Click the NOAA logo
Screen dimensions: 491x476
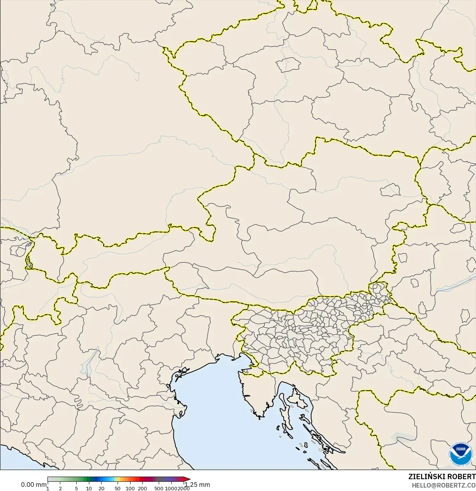click(460, 454)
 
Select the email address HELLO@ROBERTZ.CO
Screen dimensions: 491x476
click(443, 485)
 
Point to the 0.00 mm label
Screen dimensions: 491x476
click(34, 485)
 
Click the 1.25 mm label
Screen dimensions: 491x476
click(198, 485)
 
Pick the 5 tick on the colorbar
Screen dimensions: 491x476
click(76, 488)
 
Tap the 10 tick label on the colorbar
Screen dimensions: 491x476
click(89, 488)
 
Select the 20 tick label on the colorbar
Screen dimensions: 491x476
click(102, 488)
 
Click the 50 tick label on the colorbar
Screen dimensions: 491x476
click(118, 488)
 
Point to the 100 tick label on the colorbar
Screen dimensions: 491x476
click(130, 488)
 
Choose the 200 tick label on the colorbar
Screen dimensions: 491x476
click(142, 488)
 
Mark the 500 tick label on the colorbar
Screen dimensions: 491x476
click(159, 488)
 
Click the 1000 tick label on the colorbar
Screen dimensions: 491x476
click(171, 488)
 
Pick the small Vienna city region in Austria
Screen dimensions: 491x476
click(390, 188)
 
